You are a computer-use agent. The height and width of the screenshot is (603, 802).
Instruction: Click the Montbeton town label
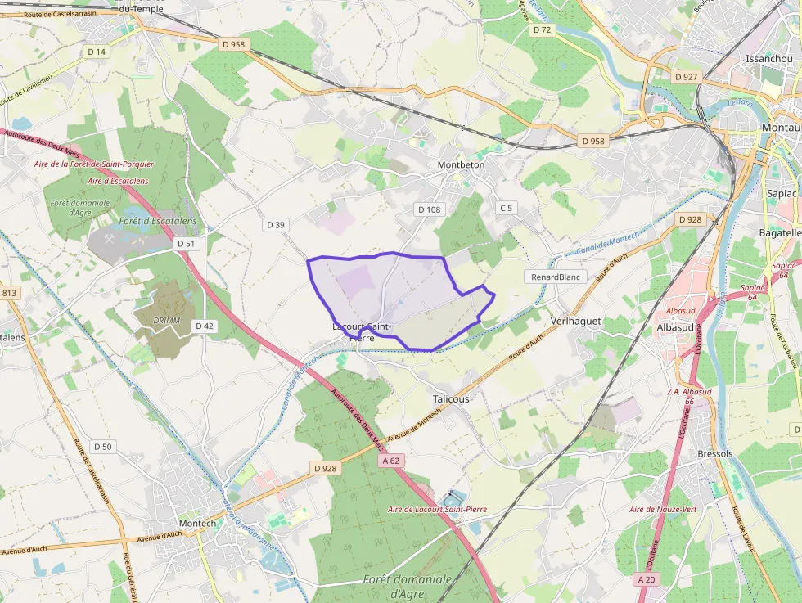tap(461, 164)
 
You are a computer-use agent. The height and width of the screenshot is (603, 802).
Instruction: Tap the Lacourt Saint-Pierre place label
tap(362, 331)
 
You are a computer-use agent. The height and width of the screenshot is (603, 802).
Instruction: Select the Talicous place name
tap(451, 398)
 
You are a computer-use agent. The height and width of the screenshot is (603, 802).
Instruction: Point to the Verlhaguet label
tap(576, 320)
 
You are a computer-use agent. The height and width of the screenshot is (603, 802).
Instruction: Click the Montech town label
tap(197, 524)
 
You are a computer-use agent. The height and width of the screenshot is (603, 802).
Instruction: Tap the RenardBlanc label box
tap(556, 277)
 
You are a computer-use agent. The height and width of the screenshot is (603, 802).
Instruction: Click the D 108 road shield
tap(429, 209)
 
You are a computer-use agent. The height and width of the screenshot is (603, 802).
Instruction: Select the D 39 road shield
tap(276, 224)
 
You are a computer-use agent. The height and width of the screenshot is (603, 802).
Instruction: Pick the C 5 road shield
tap(506, 208)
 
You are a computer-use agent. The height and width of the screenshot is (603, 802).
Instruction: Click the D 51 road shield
tap(187, 244)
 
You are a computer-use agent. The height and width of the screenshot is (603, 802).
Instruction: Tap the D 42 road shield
tap(205, 326)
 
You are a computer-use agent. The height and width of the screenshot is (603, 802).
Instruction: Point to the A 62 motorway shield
tap(391, 461)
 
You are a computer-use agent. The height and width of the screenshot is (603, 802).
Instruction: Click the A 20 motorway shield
tap(647, 578)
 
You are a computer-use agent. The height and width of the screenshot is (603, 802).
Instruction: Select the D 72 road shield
tap(543, 29)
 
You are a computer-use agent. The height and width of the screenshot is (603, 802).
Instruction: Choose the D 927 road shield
tap(686, 76)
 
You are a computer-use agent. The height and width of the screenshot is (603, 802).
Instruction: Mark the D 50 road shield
tap(103, 446)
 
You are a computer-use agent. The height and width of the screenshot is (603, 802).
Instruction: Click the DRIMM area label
tap(166, 320)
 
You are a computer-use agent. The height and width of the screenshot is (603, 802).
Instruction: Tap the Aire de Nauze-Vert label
tap(663, 509)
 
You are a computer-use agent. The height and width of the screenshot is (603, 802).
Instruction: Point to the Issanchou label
tap(769, 59)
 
